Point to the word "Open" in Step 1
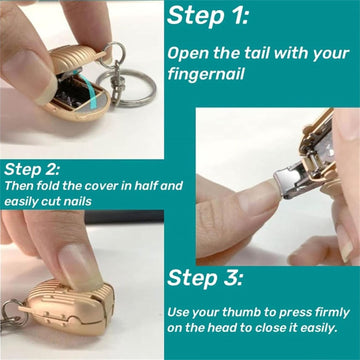[x=189, y=52]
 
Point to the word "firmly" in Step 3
[x=323, y=310]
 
